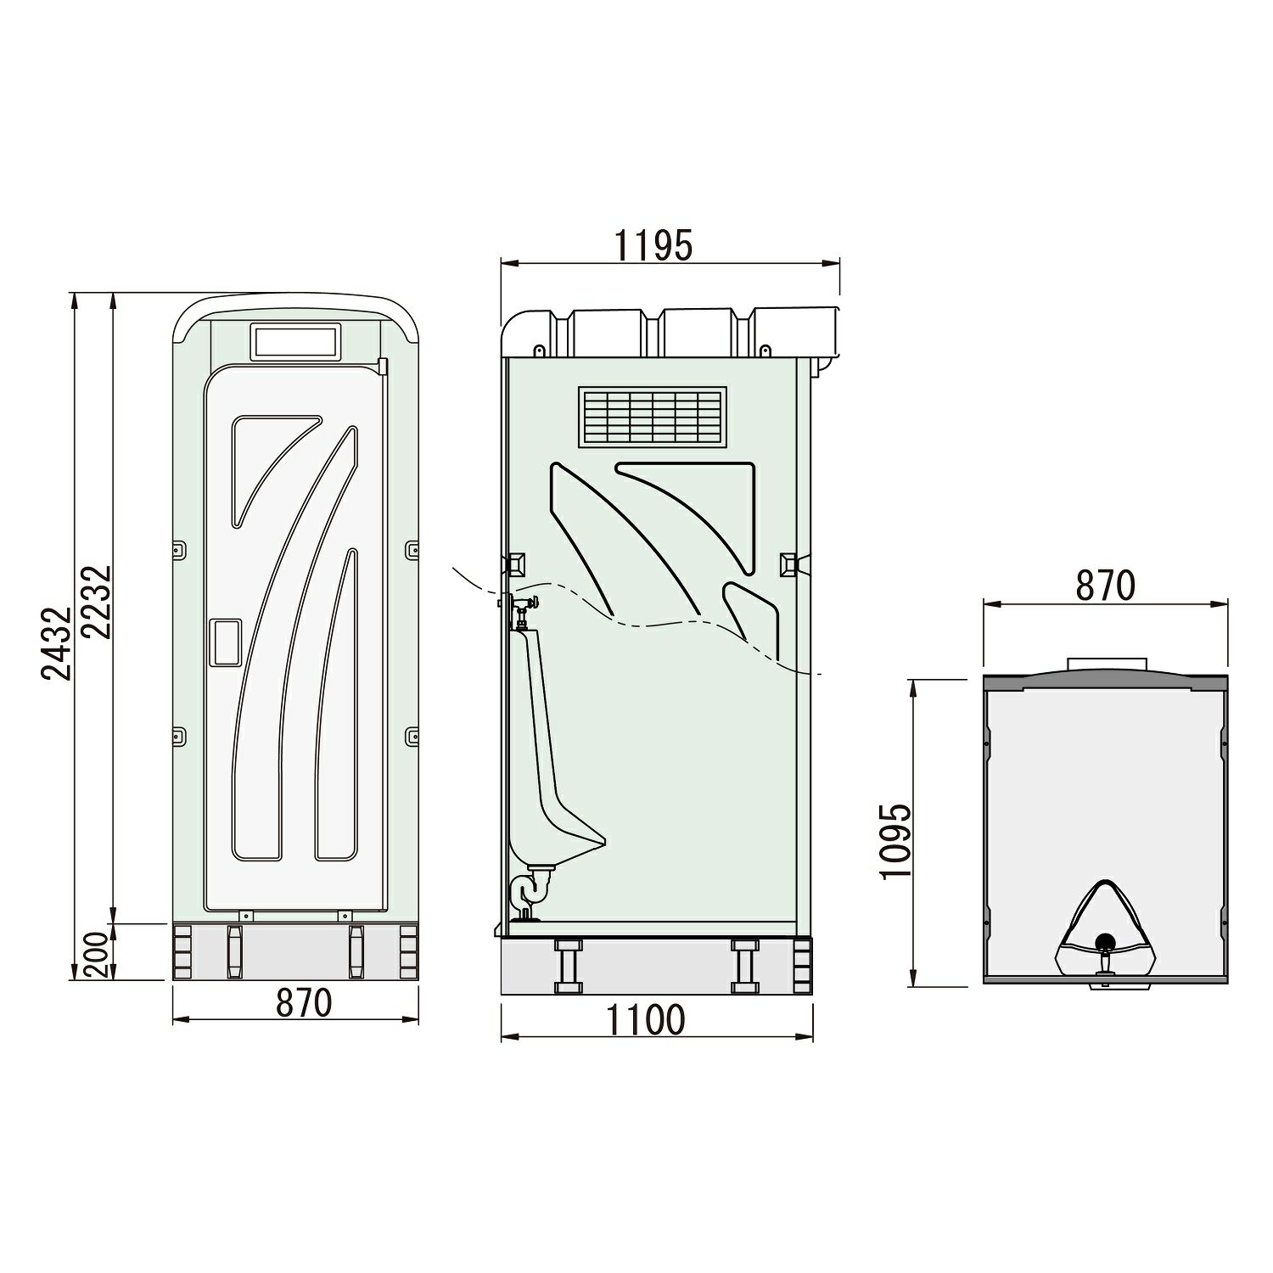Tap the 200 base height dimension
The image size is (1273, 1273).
pyautogui.click(x=97, y=954)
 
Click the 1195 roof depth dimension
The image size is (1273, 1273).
pyautogui.click(x=653, y=246)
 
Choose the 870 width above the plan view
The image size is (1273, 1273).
pyautogui.click(x=1106, y=586)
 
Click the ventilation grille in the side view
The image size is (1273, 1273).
pyautogui.click(x=653, y=417)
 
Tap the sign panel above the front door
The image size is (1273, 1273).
pyautogui.click(x=296, y=342)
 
